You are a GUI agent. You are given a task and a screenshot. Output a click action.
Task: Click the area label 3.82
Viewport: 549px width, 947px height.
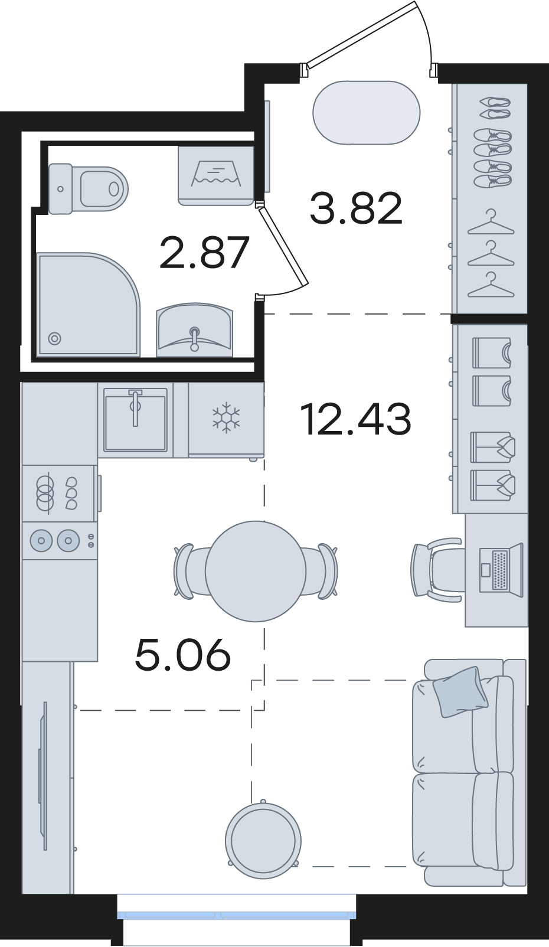coord(356,208)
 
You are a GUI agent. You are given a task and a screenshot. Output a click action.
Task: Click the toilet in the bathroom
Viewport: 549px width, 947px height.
coord(88,188)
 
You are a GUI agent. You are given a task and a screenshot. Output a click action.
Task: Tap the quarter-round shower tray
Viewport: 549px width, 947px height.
coord(88,304)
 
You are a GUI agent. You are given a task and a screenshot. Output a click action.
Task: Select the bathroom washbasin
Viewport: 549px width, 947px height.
coord(194,330)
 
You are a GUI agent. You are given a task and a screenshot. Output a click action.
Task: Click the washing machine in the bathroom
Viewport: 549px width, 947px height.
coord(216,175)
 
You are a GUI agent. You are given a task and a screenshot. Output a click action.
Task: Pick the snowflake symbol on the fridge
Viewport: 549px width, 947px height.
coord(226,419)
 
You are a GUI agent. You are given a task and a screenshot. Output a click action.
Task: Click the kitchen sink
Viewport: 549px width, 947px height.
coord(136,419)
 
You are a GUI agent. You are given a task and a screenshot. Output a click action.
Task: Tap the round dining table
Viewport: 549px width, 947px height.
coord(256,571)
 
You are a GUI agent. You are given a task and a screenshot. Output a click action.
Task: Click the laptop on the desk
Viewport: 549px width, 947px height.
coord(501,570)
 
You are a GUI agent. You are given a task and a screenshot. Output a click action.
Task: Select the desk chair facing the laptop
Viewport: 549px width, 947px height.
coord(437,570)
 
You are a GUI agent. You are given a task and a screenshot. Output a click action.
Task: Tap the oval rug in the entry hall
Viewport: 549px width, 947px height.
coord(367,113)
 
